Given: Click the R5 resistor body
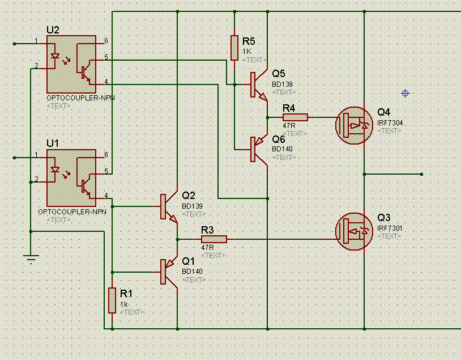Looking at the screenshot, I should [234, 48].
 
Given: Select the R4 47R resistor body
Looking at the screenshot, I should [295, 117].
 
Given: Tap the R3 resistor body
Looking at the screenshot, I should [214, 239].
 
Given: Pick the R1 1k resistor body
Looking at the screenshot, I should [113, 300].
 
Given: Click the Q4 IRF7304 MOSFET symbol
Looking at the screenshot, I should [354, 125].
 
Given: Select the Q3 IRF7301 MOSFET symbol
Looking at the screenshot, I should [354, 231].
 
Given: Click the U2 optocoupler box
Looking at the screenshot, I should [71, 64].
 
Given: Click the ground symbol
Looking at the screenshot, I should [32, 260].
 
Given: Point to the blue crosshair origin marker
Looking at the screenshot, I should [405, 93].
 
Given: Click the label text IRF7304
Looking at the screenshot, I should [390, 122].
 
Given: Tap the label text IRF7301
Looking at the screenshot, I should [390, 228].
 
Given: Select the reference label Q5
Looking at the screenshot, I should [279, 74].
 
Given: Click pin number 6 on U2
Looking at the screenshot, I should [105, 41].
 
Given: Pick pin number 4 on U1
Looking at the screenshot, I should [105, 196].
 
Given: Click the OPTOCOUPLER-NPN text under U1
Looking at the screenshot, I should [72, 211].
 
